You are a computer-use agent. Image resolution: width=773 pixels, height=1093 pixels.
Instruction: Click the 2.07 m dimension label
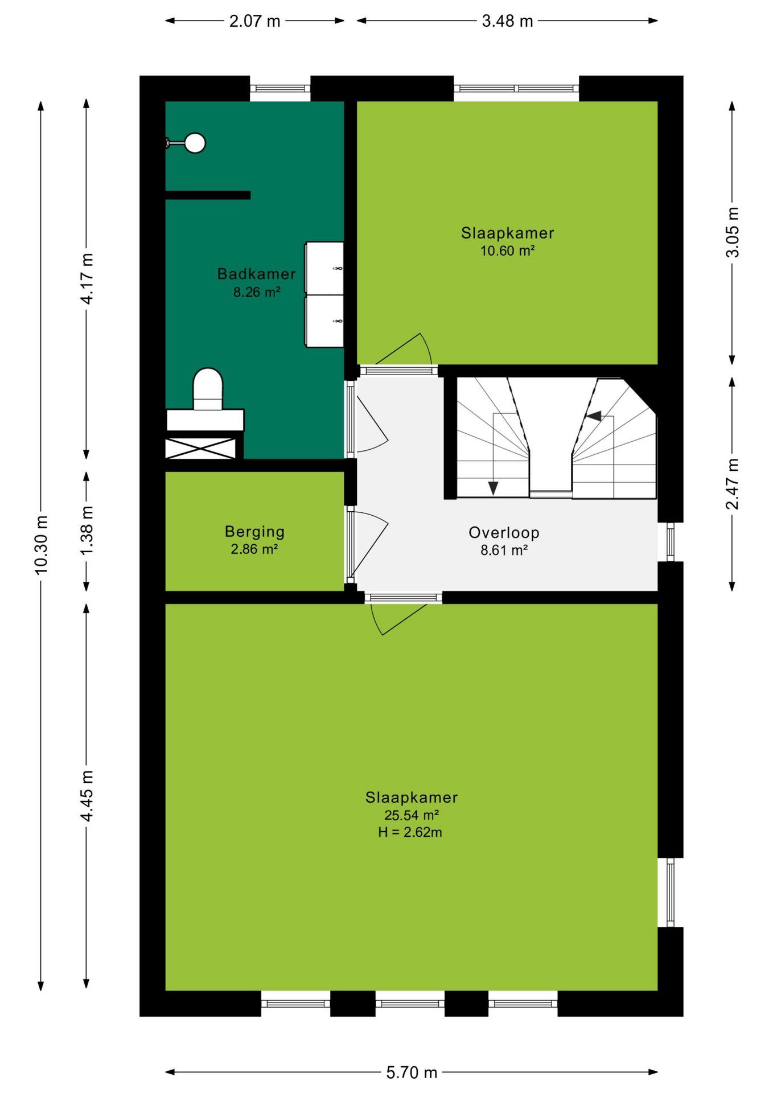(254, 21)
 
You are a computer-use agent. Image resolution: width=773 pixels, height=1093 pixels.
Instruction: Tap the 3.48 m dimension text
(507, 21)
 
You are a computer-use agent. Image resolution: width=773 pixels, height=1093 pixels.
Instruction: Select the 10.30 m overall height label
(41, 544)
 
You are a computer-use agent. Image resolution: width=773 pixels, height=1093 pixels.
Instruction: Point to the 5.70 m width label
(412, 1073)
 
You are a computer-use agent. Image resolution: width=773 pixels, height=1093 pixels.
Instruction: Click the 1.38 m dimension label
(87, 531)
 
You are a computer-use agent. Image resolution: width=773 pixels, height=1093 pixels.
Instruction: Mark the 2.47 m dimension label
(732, 483)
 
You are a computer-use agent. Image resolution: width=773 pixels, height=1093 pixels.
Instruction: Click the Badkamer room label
(257, 274)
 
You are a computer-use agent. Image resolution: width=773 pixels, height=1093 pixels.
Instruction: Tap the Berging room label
(254, 532)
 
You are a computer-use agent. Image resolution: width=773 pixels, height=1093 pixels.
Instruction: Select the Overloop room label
(504, 533)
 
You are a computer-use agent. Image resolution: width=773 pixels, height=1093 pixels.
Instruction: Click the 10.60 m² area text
(507, 250)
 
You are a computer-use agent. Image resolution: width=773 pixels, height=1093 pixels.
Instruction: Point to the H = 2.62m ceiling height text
(410, 832)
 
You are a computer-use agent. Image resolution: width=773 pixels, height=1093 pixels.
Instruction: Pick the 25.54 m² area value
(411, 815)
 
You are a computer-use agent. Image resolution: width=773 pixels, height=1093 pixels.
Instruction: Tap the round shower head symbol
(195, 143)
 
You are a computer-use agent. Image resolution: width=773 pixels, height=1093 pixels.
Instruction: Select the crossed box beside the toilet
(200, 449)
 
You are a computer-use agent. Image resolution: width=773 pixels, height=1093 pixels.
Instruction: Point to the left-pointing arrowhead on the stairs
(594, 416)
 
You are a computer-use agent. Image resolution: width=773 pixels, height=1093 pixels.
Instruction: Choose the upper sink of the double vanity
(324, 268)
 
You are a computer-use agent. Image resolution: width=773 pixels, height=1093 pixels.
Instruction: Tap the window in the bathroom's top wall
(280, 89)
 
